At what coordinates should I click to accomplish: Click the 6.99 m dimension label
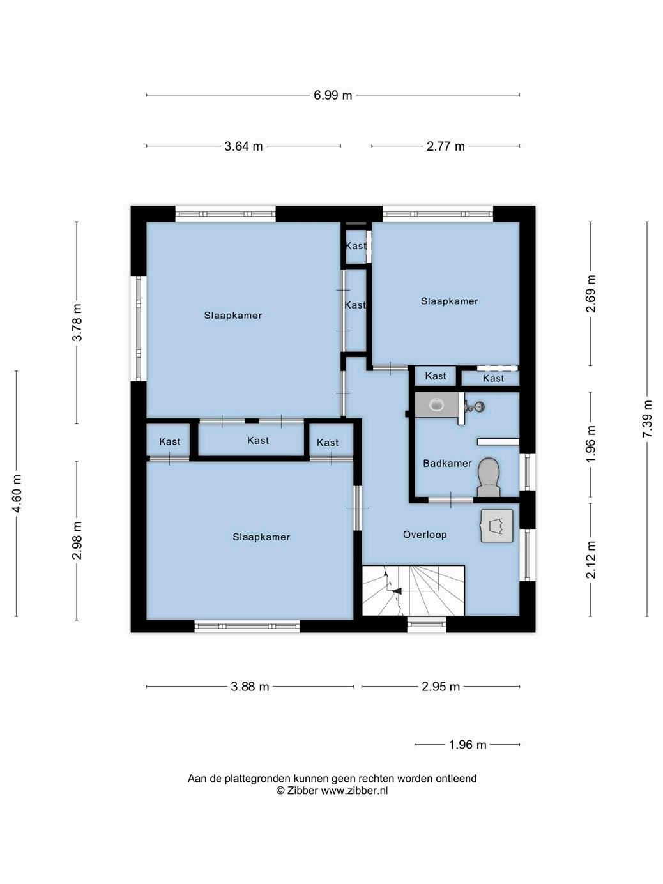pos(333,95)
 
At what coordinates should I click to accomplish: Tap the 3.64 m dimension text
pos(243,146)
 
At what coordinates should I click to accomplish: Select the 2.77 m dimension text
pos(445,146)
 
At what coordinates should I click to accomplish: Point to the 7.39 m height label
pos(647,419)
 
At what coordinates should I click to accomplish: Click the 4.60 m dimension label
pos(17,493)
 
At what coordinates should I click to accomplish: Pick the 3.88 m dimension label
pos(250,687)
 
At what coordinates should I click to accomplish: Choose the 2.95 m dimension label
pos(440,687)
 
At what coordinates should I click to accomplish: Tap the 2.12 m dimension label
pos(591,560)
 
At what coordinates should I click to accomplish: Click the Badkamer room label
pos(447,464)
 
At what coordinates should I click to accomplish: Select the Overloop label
pos(425,535)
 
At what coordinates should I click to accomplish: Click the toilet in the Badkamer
pos(489,478)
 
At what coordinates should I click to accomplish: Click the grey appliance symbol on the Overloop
pos(497,526)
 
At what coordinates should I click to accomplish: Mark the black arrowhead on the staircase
pos(397,591)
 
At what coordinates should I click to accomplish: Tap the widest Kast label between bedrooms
pos(258,440)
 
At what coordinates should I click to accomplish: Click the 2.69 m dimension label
pos(591,294)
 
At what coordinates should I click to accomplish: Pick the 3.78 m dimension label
pos(77,322)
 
